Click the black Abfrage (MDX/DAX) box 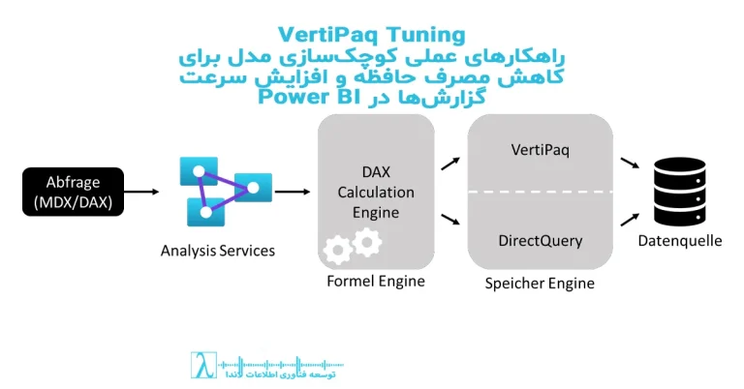coord(73,192)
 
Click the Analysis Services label coord(218,251)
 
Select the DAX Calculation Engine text coord(375,192)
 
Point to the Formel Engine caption coord(375,282)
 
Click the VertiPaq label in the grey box coord(540,152)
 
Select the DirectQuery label coord(540,239)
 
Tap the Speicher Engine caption coord(540,284)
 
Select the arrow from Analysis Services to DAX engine coord(292,192)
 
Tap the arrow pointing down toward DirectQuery coord(449,222)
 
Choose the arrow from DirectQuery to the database coord(630,222)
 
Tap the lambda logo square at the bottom coord(201,365)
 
